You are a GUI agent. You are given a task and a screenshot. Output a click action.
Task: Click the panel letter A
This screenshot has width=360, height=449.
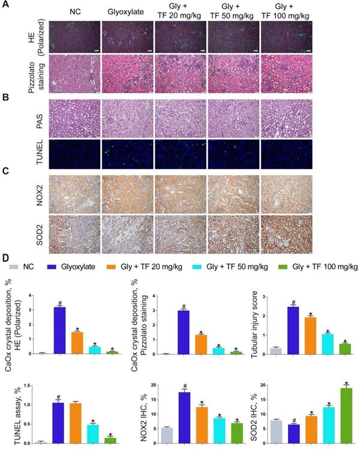[7, 7]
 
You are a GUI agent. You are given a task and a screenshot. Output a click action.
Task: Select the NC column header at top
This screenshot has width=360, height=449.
[74, 11]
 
